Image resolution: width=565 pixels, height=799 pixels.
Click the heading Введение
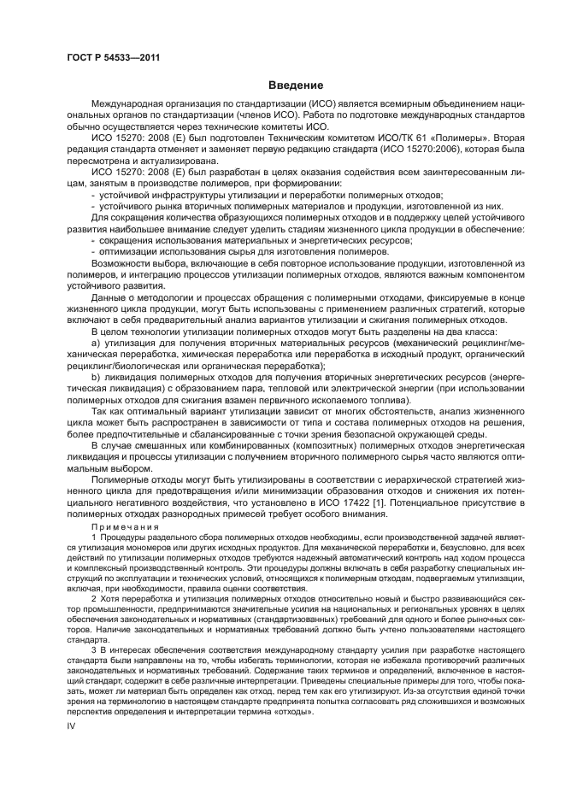(295, 85)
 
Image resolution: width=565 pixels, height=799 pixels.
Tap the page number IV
(72, 724)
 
